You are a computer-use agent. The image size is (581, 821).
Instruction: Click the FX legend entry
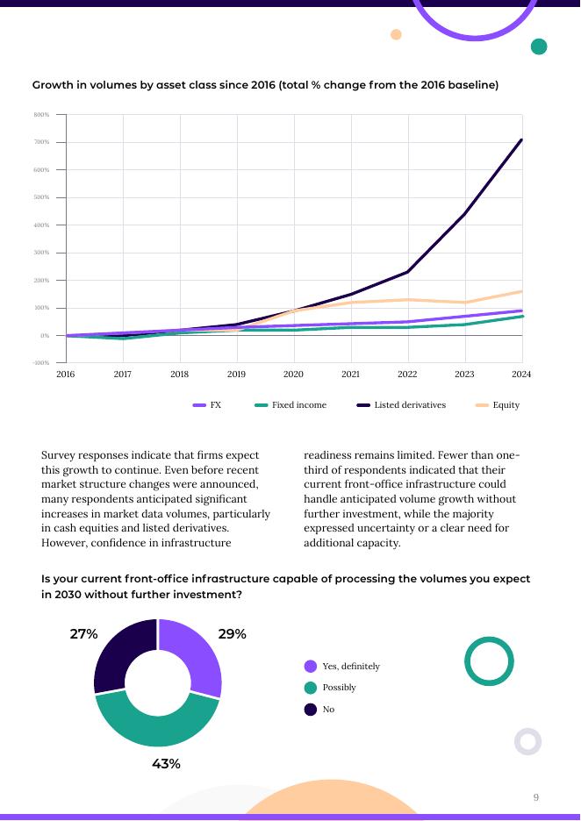[x=207, y=405]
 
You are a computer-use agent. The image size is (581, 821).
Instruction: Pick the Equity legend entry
[x=498, y=405]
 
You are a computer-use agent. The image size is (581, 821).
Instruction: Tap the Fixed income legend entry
[x=290, y=405]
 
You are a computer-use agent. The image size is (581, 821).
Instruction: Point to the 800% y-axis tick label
[x=41, y=115]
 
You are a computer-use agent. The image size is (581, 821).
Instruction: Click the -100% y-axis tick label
[x=40, y=363]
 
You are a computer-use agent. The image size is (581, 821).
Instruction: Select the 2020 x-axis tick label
[x=293, y=375]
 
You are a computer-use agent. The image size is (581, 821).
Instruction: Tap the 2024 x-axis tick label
[x=521, y=375]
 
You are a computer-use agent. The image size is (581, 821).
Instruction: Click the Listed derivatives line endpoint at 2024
[x=521, y=139]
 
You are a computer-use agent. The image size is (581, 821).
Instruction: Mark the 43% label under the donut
[x=166, y=764]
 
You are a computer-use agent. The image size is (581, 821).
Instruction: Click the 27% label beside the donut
[x=83, y=634]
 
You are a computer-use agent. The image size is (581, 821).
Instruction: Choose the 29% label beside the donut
[x=232, y=634]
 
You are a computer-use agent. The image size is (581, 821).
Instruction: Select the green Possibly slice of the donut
[x=156, y=725]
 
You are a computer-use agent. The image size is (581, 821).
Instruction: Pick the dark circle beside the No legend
[x=311, y=709]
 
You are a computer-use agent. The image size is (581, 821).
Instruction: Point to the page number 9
[x=536, y=797]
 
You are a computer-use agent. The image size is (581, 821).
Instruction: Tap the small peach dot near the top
[x=396, y=35]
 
